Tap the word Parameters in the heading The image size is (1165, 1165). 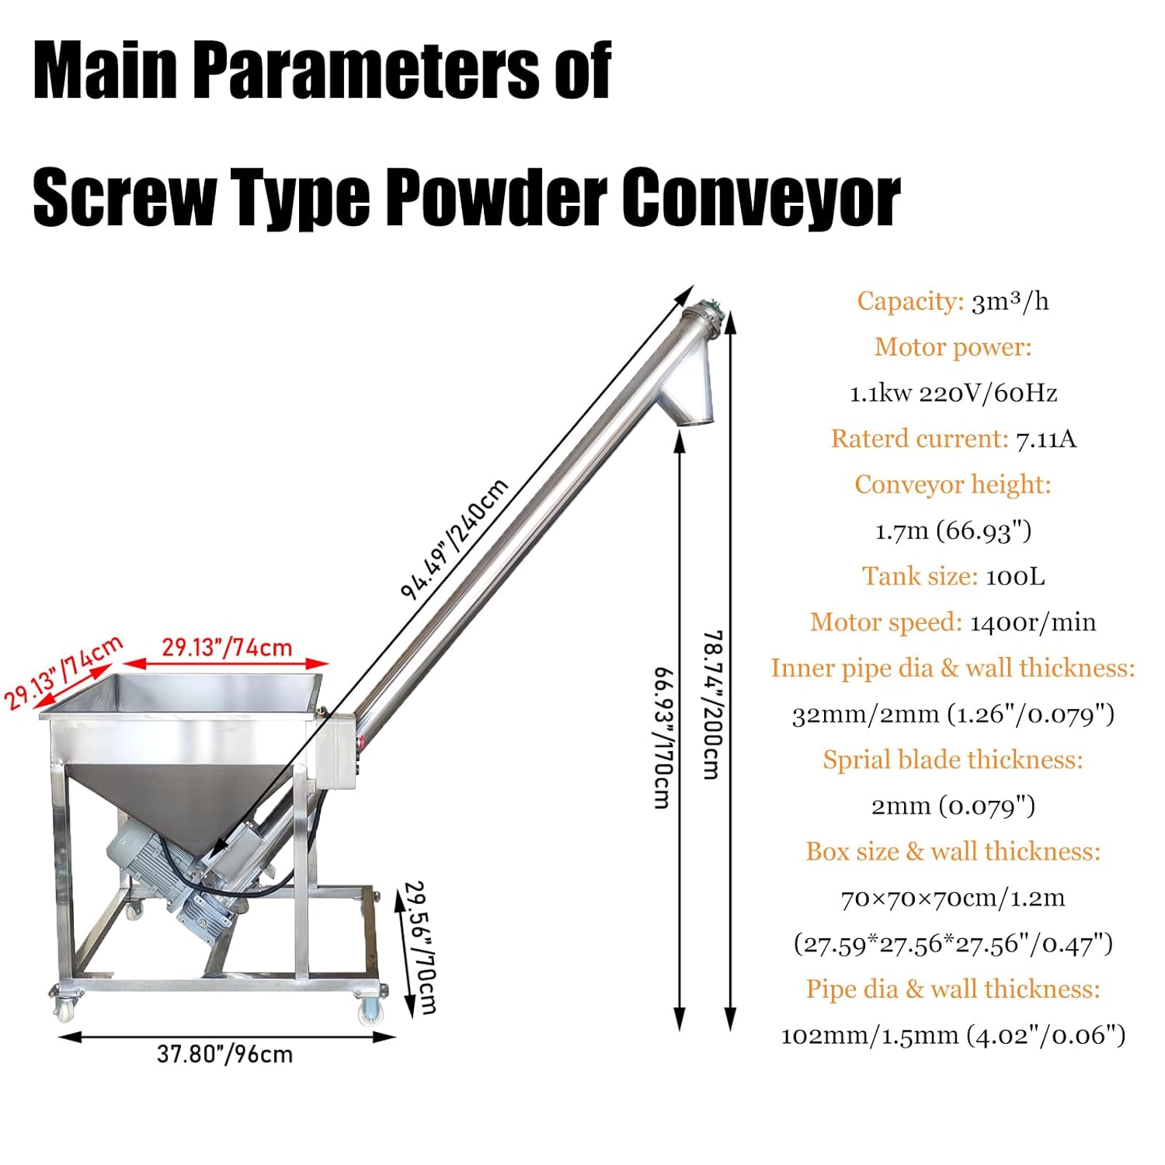(x=365, y=71)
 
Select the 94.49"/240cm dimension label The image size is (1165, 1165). (x=454, y=540)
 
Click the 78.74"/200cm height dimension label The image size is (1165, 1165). (x=712, y=704)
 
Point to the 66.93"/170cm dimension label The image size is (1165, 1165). (x=662, y=738)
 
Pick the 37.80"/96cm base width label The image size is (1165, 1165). (x=224, y=1054)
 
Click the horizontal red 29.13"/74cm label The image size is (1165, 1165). (x=227, y=647)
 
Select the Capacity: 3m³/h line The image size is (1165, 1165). (x=952, y=301)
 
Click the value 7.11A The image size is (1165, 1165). (x=1045, y=439)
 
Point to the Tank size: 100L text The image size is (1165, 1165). (x=953, y=576)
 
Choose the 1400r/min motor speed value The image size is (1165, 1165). (x=1032, y=622)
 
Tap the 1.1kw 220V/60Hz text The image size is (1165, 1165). (x=953, y=393)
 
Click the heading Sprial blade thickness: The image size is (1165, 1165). (x=953, y=760)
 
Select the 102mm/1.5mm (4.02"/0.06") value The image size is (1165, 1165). (x=953, y=1035)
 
